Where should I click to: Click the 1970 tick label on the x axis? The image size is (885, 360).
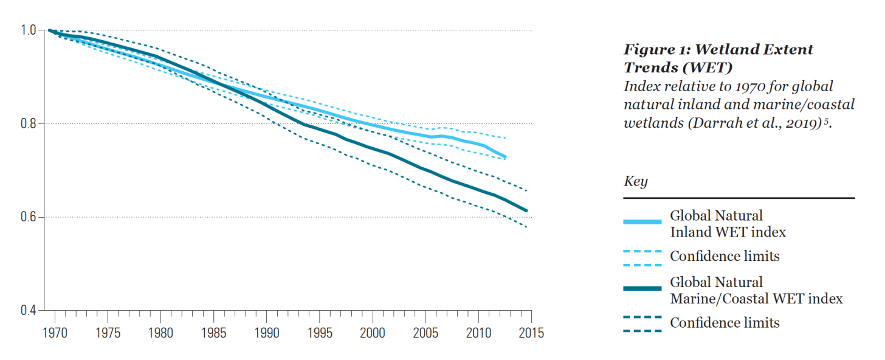(x=55, y=333)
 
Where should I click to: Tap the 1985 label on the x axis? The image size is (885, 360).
(x=214, y=333)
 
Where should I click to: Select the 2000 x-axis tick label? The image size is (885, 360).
(x=373, y=333)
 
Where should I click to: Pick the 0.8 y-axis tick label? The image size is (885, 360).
(x=30, y=124)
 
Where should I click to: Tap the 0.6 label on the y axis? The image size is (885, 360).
(x=30, y=218)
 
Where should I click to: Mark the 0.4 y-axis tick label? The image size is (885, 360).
(x=30, y=311)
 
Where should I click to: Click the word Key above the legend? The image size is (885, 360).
(x=636, y=181)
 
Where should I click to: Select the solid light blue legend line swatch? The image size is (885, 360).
(x=642, y=223)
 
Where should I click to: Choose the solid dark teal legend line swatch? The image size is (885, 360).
(x=642, y=289)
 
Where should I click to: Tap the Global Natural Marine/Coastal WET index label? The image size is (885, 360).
(x=756, y=290)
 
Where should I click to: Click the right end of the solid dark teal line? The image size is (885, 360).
(x=526, y=210)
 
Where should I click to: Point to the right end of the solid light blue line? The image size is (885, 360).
(x=505, y=157)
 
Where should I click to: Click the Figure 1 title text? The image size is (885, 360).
(x=718, y=58)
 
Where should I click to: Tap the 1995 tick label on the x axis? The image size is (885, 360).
(x=320, y=333)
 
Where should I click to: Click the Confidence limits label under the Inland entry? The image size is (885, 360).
(x=725, y=256)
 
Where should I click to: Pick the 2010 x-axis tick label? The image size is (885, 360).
(x=478, y=333)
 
